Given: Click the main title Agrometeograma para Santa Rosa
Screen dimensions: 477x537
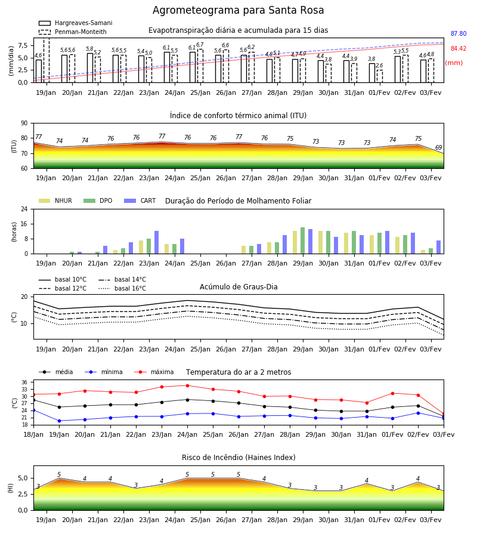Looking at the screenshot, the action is pos(238,10).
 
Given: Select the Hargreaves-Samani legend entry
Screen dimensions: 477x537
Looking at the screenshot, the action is pos(76,23).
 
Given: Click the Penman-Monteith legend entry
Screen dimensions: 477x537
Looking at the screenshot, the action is pos(73,32).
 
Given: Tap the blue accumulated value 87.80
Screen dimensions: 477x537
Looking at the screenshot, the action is pos(459,33).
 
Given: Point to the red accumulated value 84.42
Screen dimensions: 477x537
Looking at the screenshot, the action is pos(459,49).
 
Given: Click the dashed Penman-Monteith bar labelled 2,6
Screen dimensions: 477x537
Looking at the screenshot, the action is pos(380,76).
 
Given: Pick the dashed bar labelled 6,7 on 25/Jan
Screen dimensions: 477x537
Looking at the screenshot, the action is pos(200,66).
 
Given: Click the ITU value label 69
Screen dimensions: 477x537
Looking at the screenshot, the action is pos(438,147).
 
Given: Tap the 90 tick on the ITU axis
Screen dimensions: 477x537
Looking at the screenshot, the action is pos(24,124).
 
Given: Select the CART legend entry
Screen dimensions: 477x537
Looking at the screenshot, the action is pos(140,200).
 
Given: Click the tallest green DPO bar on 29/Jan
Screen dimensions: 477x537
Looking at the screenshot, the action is pos(302,240).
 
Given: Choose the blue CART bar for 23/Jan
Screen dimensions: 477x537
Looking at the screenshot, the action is pos(156,242).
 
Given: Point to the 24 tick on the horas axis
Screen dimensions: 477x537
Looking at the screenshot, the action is pos(24,209).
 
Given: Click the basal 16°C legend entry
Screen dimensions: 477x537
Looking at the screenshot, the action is pos(122,288).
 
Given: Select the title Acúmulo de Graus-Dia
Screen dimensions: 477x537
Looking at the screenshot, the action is pos(238,287).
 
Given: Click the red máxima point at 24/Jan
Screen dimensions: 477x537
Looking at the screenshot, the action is pos(187,385).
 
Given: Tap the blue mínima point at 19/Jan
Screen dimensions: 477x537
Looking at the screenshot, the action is pos(59,421).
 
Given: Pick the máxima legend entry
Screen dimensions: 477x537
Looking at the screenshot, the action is pos(154,372).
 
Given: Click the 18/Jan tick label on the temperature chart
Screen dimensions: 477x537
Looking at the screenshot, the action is pos(33,434).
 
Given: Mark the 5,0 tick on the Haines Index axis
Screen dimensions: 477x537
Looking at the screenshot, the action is pos(23,478).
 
